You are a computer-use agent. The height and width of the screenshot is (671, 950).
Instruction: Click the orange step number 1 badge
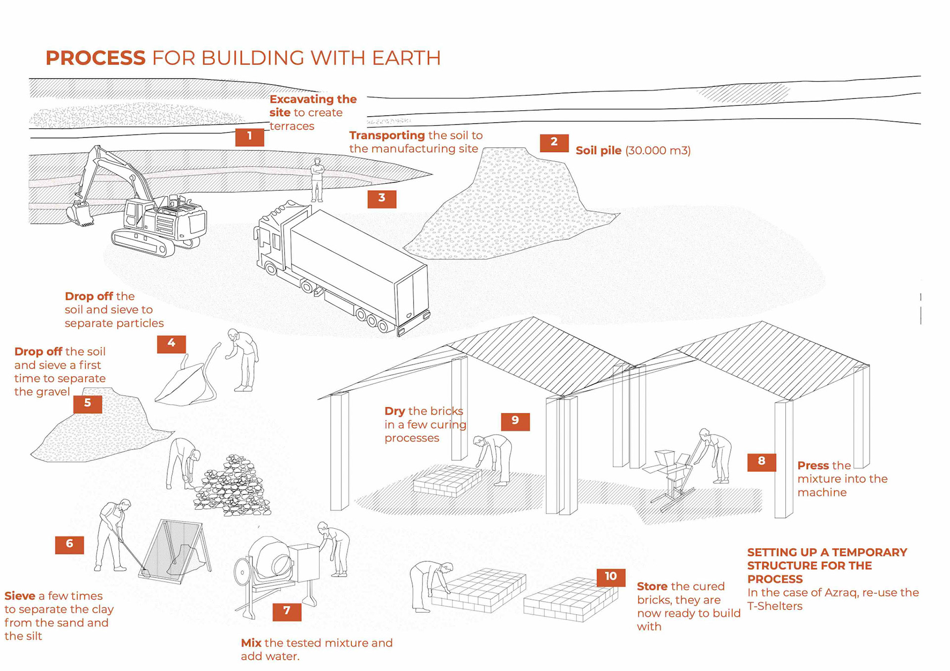click(x=249, y=136)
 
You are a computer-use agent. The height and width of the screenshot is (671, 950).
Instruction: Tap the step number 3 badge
click(x=381, y=198)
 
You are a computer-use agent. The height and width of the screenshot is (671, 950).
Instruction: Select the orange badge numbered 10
click(x=611, y=577)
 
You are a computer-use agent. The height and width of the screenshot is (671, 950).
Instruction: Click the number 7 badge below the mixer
click(x=286, y=611)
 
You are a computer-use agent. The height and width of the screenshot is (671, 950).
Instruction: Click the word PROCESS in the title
click(x=95, y=58)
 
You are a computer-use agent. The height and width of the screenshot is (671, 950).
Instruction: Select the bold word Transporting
click(x=387, y=135)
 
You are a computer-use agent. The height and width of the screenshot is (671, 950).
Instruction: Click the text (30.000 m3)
click(x=658, y=151)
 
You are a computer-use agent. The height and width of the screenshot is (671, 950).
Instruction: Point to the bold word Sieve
click(x=20, y=596)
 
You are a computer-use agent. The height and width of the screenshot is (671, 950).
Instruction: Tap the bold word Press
click(x=813, y=466)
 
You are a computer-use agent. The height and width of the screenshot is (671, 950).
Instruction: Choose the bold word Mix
click(x=251, y=643)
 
